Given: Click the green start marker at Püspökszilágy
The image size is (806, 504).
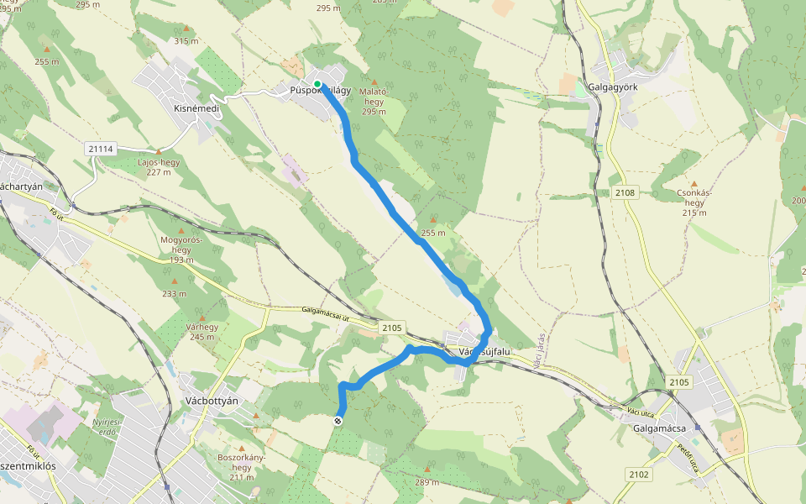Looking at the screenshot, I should click(318, 84).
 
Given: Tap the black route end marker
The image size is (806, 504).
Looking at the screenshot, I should click(338, 421).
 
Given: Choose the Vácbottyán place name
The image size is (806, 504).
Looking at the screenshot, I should click(211, 401).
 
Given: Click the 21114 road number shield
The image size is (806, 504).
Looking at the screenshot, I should click(99, 149).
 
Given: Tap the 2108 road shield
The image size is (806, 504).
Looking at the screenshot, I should click(625, 192).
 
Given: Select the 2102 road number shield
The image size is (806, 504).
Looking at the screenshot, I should click(638, 475).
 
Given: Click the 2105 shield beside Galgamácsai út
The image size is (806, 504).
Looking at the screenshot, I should click(391, 328).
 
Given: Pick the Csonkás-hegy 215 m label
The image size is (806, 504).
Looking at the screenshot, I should click(693, 202).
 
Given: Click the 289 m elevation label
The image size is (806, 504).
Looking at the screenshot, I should click(427, 482).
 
